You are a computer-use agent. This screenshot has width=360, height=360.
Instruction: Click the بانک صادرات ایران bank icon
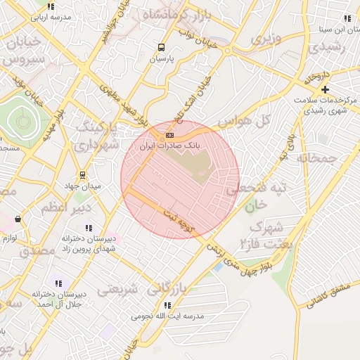point(169,134)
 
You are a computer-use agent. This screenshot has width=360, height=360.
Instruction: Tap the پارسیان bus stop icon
point(162,48)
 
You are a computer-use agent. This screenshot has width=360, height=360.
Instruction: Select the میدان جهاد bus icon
point(83,174)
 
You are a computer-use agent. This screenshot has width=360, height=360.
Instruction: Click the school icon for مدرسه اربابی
point(51,6)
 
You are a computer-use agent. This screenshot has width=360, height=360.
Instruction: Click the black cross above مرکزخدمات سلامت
point(324,90)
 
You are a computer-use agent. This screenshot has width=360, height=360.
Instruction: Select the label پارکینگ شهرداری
point(92,136)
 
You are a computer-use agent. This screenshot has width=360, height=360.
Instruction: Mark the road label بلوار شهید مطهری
point(125,105)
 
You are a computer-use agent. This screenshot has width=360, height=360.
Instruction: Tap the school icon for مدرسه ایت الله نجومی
point(167,305)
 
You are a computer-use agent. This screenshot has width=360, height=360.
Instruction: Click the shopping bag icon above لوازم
point(18,219)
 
